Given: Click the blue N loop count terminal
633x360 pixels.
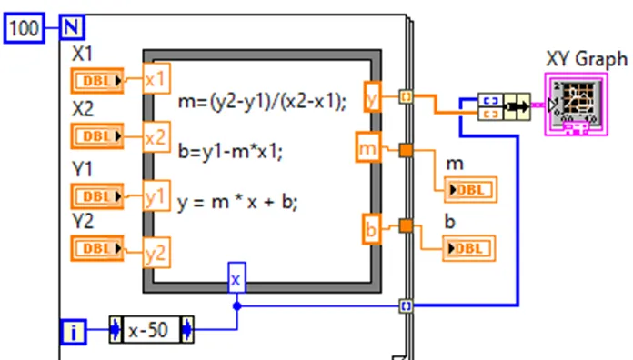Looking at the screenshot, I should tap(72, 29).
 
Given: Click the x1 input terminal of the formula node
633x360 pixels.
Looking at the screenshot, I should tap(156, 80).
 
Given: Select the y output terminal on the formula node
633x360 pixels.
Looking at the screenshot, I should tap(371, 95).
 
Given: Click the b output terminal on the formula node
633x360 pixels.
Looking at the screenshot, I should tap(370, 229).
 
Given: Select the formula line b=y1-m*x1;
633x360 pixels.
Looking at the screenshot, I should tap(231, 152).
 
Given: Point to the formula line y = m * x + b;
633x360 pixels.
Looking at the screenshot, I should tap(238, 202).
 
